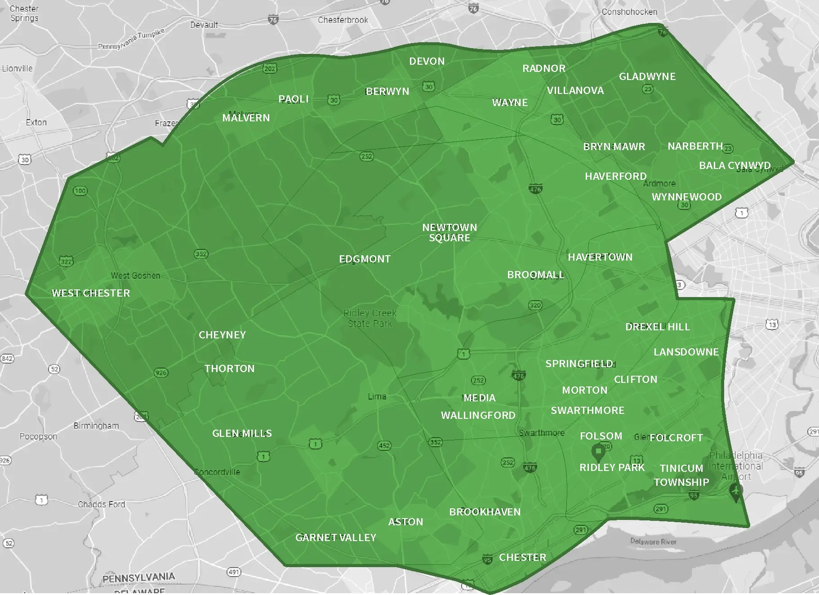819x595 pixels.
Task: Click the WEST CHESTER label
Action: pos(91,293)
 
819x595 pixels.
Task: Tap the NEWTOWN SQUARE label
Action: pos(450,233)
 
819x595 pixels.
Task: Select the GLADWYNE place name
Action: pos(647,76)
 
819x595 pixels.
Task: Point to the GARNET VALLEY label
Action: pos(336,537)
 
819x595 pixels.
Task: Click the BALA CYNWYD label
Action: pos(734,165)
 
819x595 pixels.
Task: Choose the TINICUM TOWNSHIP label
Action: pos(681,475)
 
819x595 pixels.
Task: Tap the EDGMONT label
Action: pos(365,259)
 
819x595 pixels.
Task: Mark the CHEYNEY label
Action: pos(222,335)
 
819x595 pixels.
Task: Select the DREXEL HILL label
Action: pos(658,327)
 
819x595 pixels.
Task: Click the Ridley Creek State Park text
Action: pos(370,318)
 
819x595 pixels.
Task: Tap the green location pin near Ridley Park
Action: pos(598,450)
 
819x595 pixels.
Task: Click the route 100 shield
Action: pos(80,191)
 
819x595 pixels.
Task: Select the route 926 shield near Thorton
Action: pos(160,373)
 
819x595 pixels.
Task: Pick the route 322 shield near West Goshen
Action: pos(66,262)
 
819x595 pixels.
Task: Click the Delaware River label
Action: pos(653,542)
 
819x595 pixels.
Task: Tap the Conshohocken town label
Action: pos(629,12)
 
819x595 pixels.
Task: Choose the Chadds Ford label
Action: pos(102,504)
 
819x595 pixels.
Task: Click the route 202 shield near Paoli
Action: pos(270,68)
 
